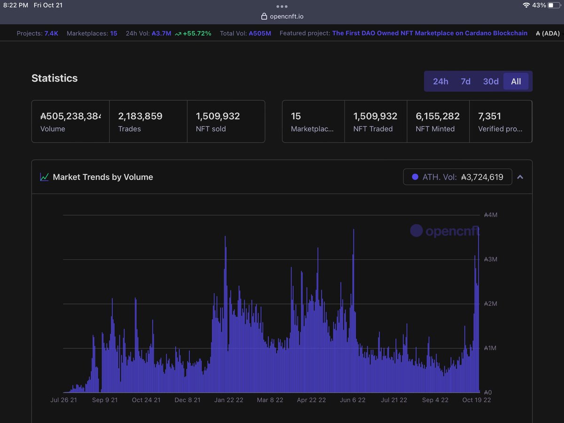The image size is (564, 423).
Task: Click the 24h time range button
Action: (x=440, y=81)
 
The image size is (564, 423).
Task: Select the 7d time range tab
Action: (x=465, y=81)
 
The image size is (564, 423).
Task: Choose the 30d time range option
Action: (x=491, y=81)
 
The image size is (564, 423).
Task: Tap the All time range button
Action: (x=516, y=81)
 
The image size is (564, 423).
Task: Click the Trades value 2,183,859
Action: (x=140, y=116)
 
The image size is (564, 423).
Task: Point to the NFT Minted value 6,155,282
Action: (x=438, y=116)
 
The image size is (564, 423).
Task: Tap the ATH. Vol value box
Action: (x=457, y=177)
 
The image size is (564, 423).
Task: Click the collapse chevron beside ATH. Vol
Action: (x=520, y=177)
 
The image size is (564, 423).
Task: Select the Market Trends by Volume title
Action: (x=102, y=177)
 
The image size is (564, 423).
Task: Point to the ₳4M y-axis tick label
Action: (x=491, y=215)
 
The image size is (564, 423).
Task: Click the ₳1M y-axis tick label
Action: (x=491, y=348)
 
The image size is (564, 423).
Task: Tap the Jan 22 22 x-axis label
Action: (x=228, y=400)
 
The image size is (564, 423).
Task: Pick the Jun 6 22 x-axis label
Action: (x=352, y=400)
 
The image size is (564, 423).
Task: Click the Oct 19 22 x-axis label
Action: (x=477, y=400)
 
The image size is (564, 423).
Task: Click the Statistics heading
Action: (x=55, y=78)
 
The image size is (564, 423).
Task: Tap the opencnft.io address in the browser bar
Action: (x=287, y=16)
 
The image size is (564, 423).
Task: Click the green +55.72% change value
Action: (x=197, y=33)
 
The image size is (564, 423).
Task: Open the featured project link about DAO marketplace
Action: (x=430, y=33)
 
